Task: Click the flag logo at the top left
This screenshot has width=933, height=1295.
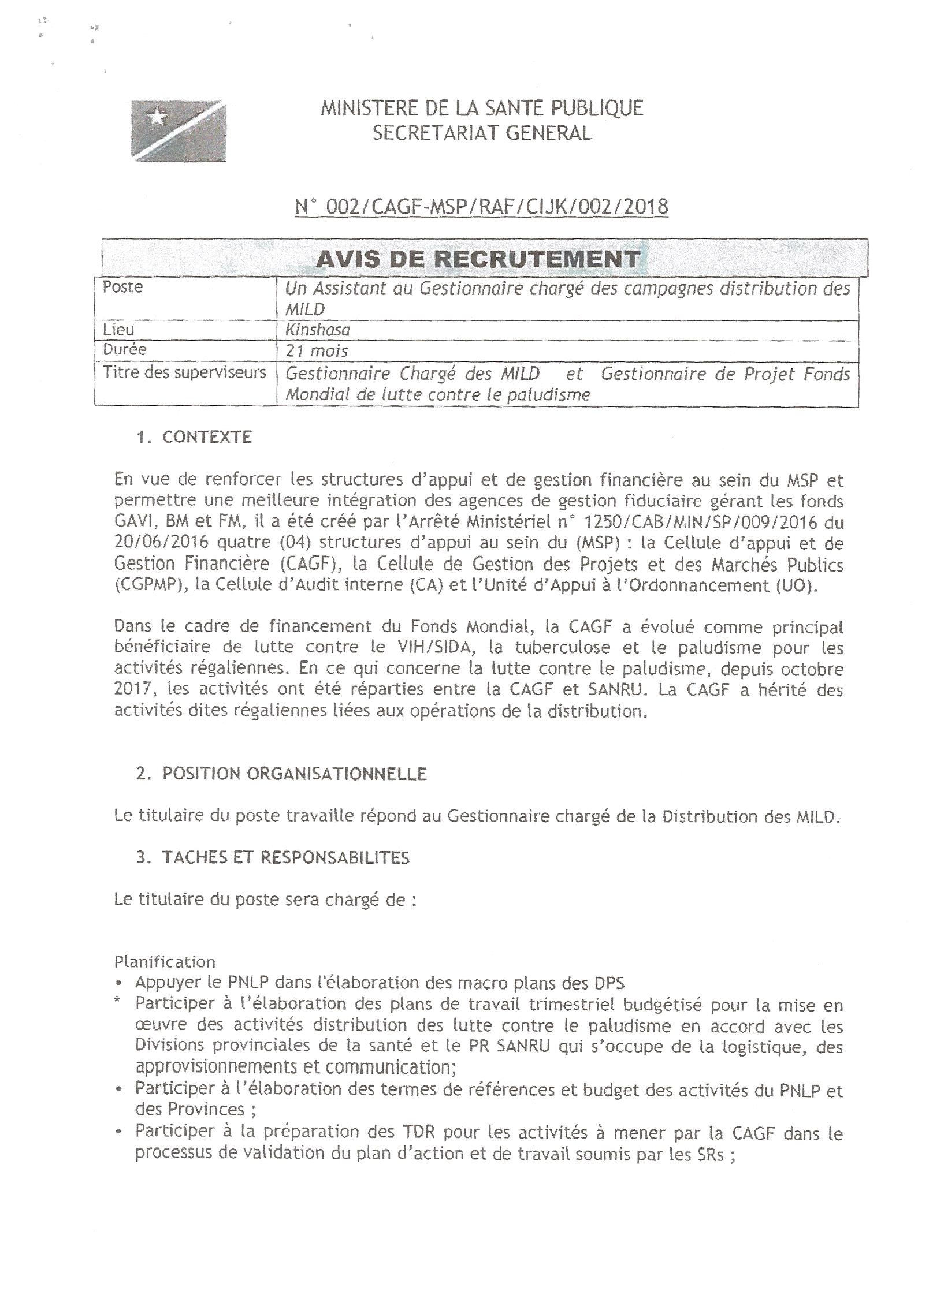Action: click(x=179, y=130)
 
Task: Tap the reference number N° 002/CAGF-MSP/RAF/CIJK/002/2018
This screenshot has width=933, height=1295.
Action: click(x=481, y=207)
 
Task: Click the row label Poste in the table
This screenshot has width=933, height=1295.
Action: click(x=122, y=288)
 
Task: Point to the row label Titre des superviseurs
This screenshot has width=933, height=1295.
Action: click(x=184, y=372)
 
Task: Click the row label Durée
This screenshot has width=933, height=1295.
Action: click(x=125, y=350)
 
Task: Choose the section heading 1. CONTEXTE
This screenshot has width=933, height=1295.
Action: click(x=194, y=437)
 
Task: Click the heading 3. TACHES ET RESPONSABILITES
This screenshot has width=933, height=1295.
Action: click(x=273, y=857)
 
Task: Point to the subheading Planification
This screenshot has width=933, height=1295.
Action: click(x=165, y=962)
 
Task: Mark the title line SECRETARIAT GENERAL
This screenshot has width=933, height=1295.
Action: click(x=482, y=133)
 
